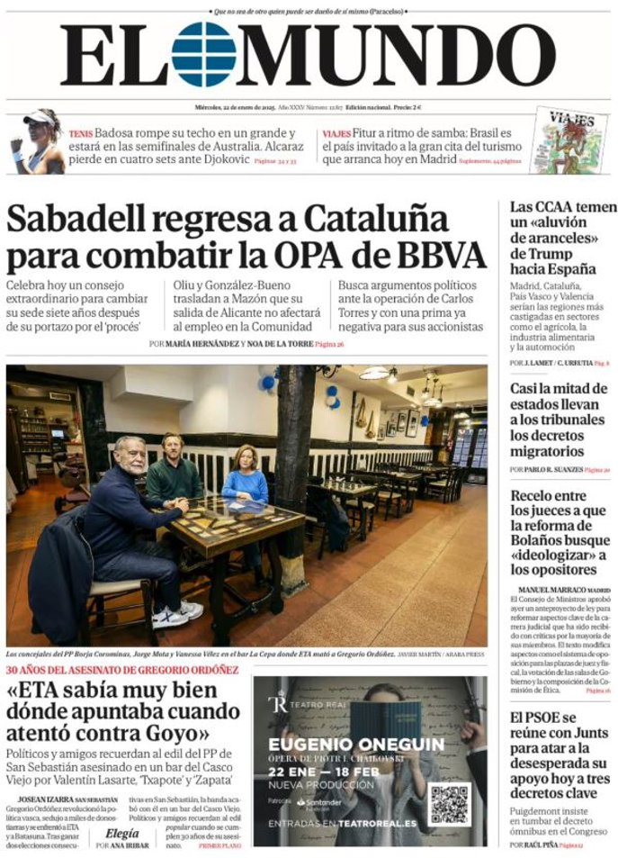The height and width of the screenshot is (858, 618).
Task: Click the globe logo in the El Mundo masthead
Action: pos(202,54)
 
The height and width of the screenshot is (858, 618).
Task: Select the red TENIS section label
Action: pos(80,133)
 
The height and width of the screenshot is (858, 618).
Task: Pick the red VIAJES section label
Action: pos(336,133)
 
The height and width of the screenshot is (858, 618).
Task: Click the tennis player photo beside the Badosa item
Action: pos(37,141)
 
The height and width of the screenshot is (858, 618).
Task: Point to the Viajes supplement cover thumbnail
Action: pos(569,140)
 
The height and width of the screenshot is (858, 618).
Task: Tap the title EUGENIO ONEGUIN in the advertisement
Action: pos(356,744)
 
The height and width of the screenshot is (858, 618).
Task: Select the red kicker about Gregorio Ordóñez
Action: pos(122,670)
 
